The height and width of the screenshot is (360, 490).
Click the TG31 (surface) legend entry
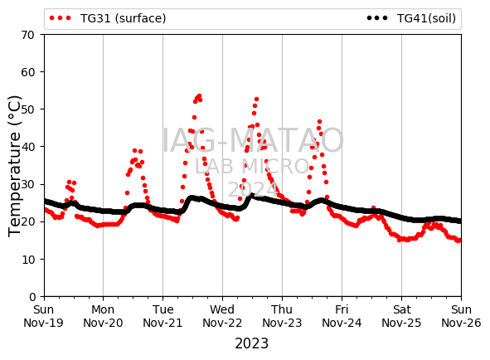tap(108, 18)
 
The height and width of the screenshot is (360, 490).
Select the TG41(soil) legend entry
tap(411, 18)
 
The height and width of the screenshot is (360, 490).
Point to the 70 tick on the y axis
tap(27, 35)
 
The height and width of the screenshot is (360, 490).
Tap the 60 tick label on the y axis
tap(27, 72)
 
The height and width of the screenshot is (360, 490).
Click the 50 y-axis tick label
tap(27, 109)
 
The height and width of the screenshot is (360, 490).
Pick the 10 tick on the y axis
tap(27, 260)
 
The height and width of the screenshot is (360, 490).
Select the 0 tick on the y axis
tap(32, 297)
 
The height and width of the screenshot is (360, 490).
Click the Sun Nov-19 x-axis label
tap(43, 316)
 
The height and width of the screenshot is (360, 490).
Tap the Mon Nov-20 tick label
tap(103, 316)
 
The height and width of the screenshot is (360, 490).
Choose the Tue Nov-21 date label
tap(163, 316)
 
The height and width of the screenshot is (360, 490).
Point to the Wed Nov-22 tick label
tap(222, 316)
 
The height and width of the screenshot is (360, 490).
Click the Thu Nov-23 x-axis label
tap(282, 316)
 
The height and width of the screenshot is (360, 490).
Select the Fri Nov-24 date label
tap(342, 316)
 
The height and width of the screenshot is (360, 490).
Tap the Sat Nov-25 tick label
tap(401, 316)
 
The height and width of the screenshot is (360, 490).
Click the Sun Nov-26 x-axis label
tap(461, 316)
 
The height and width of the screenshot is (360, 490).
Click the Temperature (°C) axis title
tap(14, 166)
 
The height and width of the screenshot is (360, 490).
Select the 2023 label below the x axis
tap(251, 343)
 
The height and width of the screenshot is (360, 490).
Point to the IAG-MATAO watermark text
tap(253, 140)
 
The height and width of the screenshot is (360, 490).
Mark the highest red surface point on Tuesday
tap(199, 95)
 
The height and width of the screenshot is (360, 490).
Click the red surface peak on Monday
tap(134, 151)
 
